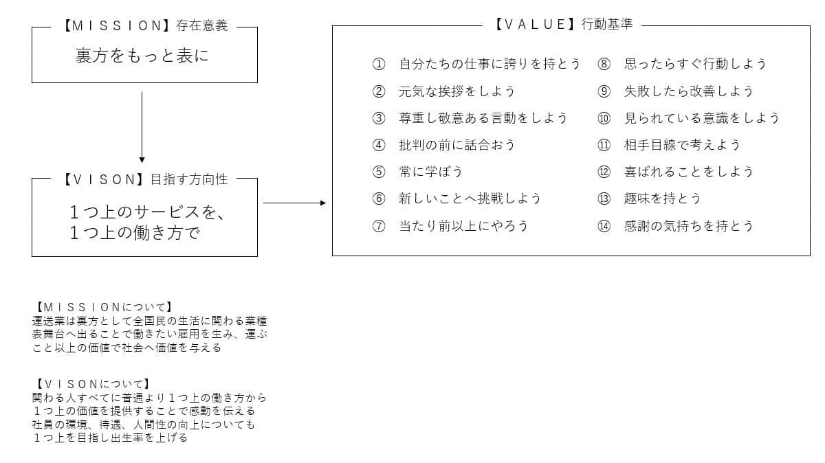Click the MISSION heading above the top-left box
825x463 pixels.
coord(146,25)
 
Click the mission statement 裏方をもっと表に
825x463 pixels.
coord(142,56)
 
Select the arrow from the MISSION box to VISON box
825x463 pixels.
coord(142,127)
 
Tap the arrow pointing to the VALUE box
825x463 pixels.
coord(294,203)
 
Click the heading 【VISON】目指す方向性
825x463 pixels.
coord(146,179)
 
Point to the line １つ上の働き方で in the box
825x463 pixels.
coord(135,233)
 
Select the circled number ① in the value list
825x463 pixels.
coord(379,64)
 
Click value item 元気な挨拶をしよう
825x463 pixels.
coord(456,91)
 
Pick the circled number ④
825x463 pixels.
coord(379,145)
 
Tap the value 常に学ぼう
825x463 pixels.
coord(430,172)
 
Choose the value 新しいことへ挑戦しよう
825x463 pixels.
coord(470,199)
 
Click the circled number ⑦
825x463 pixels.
coord(379,226)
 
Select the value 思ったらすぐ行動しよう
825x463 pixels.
coord(695,64)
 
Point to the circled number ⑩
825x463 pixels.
coord(604,118)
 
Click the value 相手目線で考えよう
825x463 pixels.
coord(682,145)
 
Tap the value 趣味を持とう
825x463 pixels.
coord(662,199)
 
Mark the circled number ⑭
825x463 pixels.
coord(604,226)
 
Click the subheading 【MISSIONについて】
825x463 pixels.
coord(104,307)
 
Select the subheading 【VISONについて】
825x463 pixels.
coord(92,384)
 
